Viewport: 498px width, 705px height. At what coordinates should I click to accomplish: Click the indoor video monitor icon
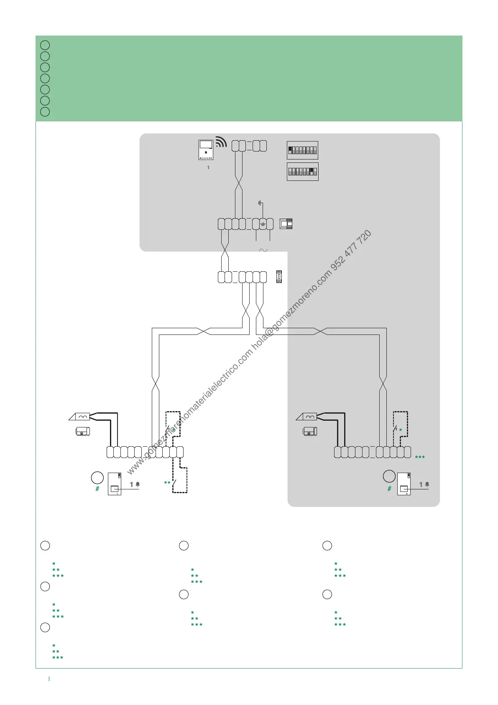[206, 150]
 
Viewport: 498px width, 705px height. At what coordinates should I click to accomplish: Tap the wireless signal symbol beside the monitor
[221, 142]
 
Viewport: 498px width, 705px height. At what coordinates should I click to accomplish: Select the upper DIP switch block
[302, 150]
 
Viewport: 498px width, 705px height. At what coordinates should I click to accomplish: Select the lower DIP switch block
[302, 172]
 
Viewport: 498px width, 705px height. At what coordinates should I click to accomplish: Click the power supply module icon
[286, 224]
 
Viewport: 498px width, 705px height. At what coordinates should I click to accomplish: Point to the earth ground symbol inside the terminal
[263, 224]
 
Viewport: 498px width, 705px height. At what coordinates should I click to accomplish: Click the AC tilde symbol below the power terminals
[263, 250]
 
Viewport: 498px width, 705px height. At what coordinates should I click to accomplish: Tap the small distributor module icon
[279, 277]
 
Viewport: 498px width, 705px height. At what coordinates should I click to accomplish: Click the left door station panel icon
[115, 484]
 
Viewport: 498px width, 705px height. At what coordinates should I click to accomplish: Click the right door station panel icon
[404, 484]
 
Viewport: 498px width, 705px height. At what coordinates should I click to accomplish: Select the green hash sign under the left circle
[97, 489]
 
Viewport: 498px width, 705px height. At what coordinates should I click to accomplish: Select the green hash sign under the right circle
[389, 489]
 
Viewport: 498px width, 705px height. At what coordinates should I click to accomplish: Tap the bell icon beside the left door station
[138, 484]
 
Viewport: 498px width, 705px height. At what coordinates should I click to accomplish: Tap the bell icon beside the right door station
[427, 484]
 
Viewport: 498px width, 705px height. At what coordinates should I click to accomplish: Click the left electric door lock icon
[82, 431]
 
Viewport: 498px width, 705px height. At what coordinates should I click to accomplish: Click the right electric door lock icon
[309, 431]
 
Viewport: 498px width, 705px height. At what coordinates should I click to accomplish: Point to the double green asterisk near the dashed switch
[167, 483]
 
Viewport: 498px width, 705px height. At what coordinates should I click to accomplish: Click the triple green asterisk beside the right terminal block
[420, 458]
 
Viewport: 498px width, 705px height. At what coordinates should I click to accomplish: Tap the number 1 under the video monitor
[208, 167]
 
